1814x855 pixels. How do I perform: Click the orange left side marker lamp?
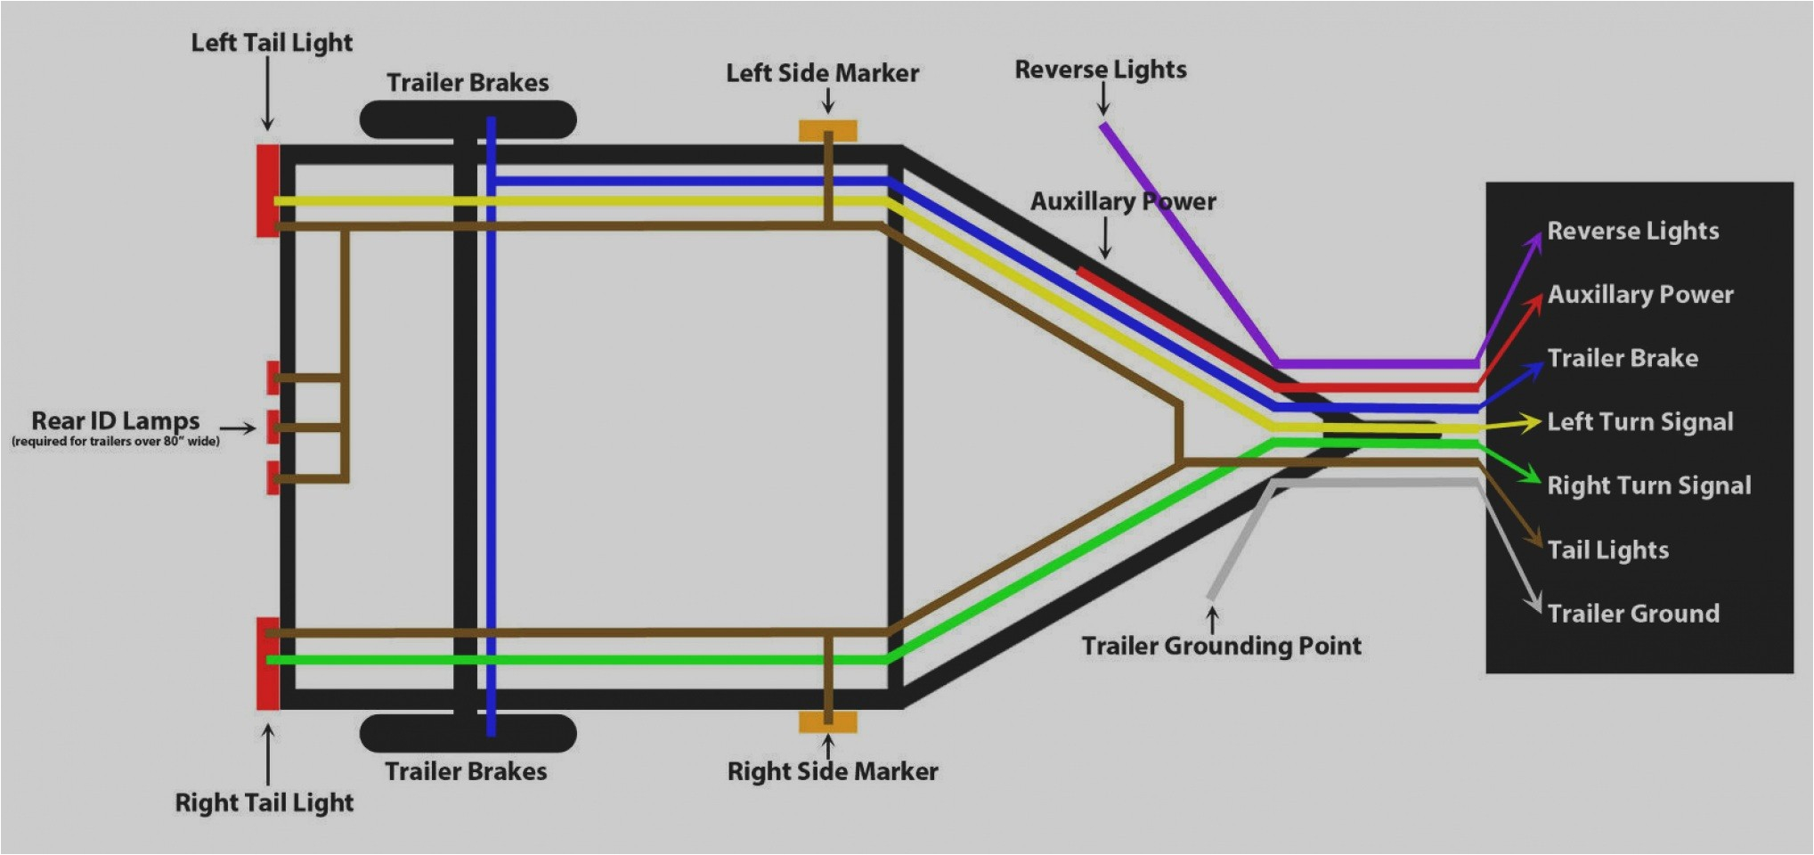pyautogui.click(x=827, y=131)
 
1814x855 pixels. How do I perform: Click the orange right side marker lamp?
pyautogui.click(x=827, y=721)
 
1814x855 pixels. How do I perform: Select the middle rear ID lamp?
pyautogui.click(x=273, y=427)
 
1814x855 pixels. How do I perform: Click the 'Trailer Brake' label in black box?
pyautogui.click(x=1622, y=358)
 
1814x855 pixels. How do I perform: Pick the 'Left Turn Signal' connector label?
pyautogui.click(x=1639, y=421)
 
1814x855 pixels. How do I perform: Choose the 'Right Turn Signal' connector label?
pyautogui.click(x=1648, y=485)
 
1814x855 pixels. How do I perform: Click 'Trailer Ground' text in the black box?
pyautogui.click(x=1632, y=613)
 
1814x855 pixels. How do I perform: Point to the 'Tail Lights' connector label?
pyautogui.click(x=1607, y=550)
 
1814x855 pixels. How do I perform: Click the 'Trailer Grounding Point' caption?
pyautogui.click(x=1221, y=646)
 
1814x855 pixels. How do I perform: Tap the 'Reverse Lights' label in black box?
pyautogui.click(x=1632, y=231)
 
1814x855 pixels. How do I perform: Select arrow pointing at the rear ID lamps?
pyautogui.click(x=238, y=428)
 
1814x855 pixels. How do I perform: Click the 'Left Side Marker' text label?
pyautogui.click(x=822, y=73)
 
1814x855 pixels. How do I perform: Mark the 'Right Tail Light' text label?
pyautogui.click(x=264, y=802)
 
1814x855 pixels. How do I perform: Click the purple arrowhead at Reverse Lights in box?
pyautogui.click(x=1535, y=241)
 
